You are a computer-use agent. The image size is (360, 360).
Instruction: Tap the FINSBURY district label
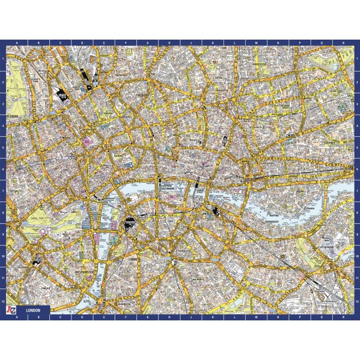coord(140,96)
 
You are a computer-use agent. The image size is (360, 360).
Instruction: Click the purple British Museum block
coord(91,139)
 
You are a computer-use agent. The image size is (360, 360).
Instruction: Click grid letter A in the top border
coord(17,43)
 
